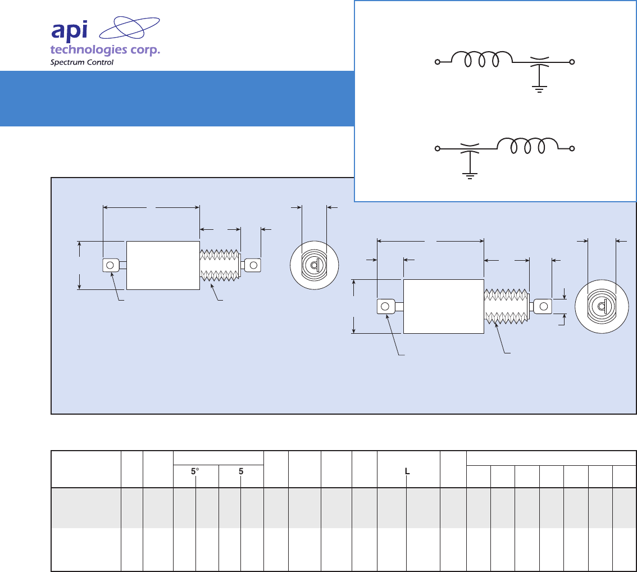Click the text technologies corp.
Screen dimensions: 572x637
click(105, 50)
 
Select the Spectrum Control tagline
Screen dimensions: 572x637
click(82, 62)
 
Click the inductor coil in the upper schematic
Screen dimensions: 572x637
click(482, 59)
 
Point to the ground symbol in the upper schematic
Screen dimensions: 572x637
click(539, 88)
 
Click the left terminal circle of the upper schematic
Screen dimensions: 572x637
click(437, 62)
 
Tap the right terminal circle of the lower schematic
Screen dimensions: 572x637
click(572, 148)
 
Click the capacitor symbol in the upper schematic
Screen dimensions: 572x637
click(539, 62)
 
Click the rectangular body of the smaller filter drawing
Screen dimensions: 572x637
click(163, 265)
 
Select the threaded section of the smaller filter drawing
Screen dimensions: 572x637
click(220, 265)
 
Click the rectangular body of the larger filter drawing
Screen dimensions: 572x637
click(444, 306)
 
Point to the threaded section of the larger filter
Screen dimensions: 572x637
click(506, 306)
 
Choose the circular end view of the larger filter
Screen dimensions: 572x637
click(601, 306)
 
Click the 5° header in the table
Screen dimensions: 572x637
click(195, 473)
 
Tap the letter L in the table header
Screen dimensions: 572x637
click(408, 473)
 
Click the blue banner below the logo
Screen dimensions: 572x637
click(177, 98)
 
